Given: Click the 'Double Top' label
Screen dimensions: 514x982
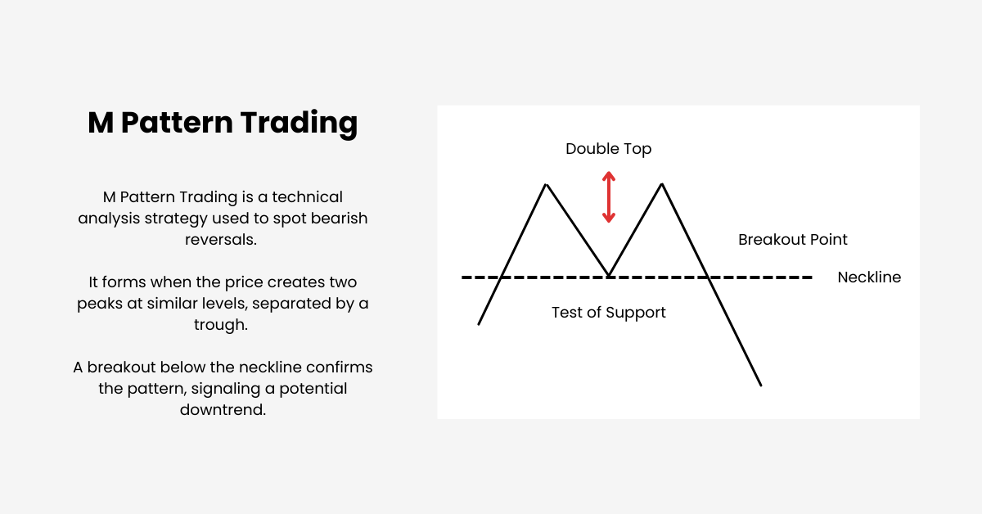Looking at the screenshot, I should point(608,149).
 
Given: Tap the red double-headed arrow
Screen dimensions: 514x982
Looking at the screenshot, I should point(608,196).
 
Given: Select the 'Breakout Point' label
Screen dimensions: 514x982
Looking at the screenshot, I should point(792,240).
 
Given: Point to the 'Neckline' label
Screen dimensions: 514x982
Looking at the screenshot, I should point(868,277).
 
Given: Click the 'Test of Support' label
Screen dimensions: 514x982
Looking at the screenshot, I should point(608,313).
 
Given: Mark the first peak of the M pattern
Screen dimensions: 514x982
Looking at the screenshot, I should point(546,185).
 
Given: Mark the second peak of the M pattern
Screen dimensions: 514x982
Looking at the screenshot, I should point(661,185).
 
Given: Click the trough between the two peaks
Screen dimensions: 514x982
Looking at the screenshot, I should point(608,274).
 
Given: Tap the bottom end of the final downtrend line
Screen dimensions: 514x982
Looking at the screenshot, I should point(761,385).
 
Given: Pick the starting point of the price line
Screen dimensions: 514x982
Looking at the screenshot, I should point(479,324).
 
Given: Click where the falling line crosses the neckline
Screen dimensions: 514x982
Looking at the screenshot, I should point(709,277).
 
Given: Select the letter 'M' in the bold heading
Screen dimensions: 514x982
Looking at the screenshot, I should point(101,123).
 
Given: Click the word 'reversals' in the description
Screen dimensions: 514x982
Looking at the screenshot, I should point(223,239).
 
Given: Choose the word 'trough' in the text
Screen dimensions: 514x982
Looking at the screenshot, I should point(223,325).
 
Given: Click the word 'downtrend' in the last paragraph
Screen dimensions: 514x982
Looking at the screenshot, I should point(223,410).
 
